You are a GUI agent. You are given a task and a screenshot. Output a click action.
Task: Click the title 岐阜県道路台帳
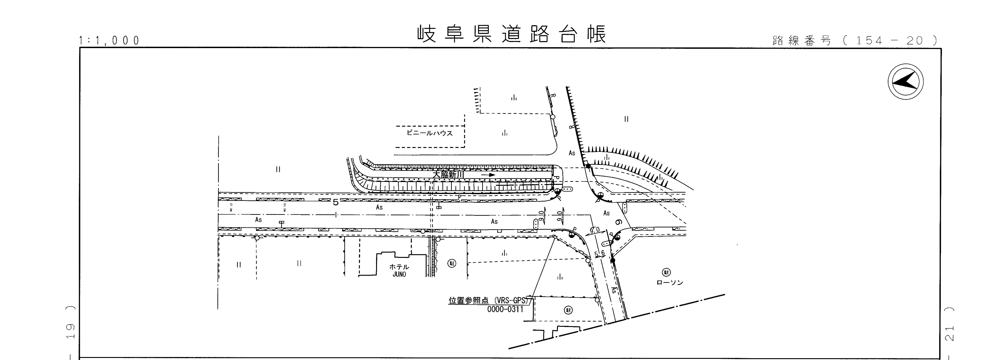click(511, 34)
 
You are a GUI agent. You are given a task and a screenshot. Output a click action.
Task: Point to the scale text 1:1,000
click(110, 41)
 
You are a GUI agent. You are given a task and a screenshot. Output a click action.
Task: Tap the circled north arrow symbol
click(905, 82)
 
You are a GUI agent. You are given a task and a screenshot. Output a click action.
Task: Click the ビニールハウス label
click(429, 133)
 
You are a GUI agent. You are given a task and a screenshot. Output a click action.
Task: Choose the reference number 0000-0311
click(505, 309)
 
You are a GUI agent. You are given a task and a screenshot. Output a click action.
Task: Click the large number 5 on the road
click(335, 202)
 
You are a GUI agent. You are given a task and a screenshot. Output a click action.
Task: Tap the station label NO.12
click(231, 207)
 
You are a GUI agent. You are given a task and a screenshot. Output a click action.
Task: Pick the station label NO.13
click(285, 207)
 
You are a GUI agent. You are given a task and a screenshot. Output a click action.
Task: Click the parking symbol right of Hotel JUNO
click(452, 263)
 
